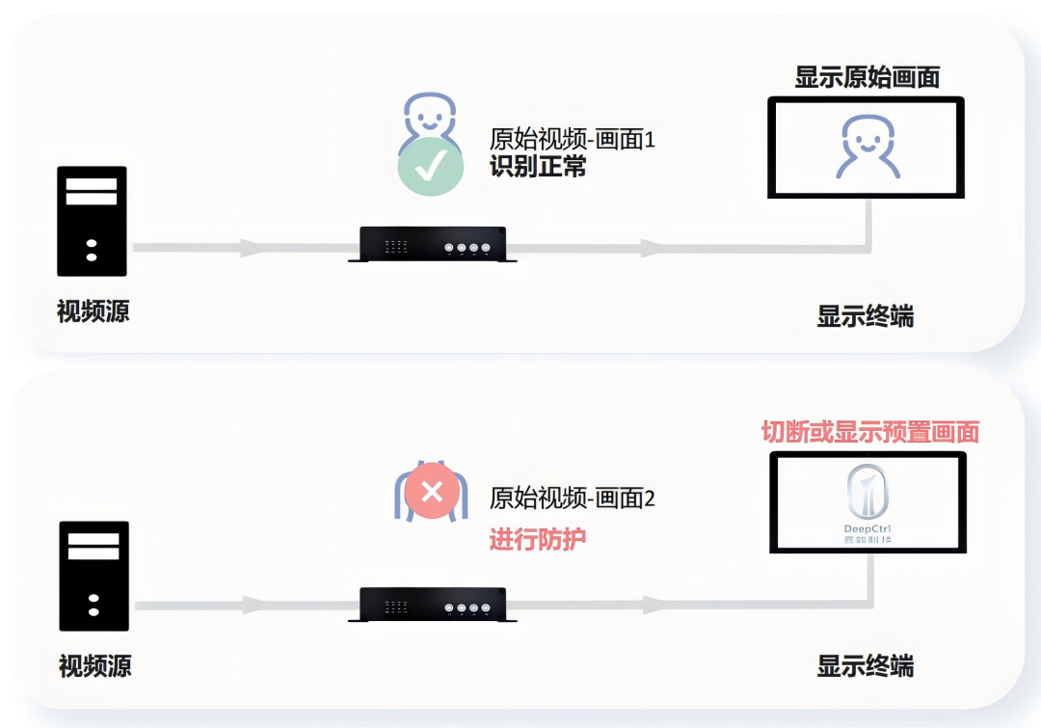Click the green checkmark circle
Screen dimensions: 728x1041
(x=431, y=167)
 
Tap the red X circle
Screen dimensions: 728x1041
(x=433, y=492)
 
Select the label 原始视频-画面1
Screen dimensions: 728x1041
(x=573, y=139)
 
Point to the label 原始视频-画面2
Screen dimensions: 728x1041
(x=573, y=499)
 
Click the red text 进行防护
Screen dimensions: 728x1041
(x=538, y=538)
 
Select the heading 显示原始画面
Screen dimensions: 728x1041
(x=867, y=77)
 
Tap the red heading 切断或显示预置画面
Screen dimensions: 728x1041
(x=870, y=432)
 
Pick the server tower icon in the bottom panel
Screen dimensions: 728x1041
(x=93, y=576)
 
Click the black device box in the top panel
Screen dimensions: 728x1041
(x=427, y=244)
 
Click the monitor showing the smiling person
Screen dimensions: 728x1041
(x=867, y=148)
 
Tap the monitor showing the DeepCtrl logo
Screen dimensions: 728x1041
(x=868, y=501)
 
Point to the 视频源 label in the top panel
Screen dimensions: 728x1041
(x=93, y=311)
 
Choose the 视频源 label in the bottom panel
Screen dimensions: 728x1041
(x=94, y=665)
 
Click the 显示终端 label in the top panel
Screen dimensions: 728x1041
(x=866, y=316)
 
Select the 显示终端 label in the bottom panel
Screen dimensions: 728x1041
(x=866, y=665)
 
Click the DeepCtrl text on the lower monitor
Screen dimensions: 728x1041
(x=867, y=527)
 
